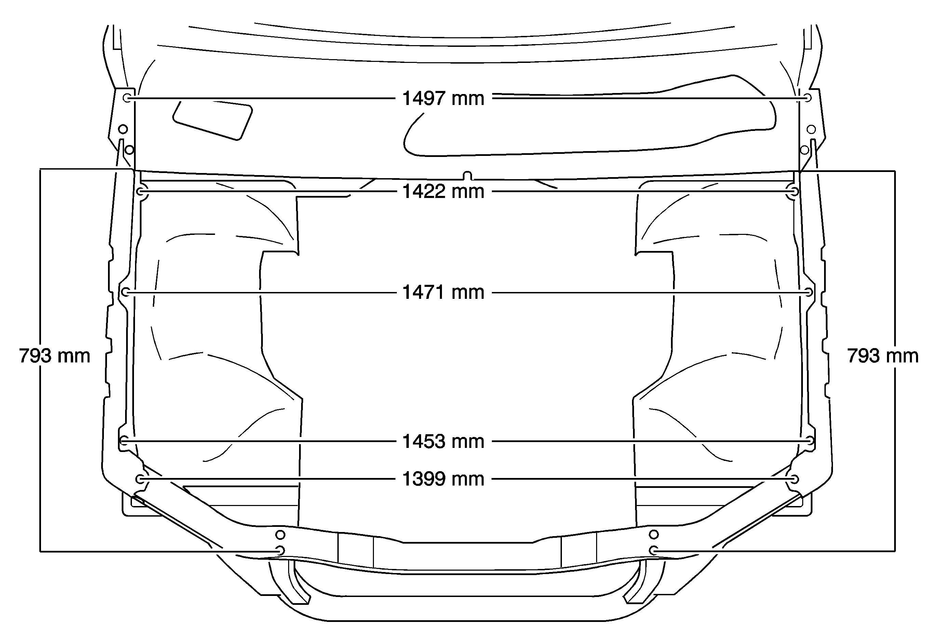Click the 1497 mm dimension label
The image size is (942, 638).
(x=443, y=98)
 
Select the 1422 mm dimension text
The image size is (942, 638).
(x=443, y=191)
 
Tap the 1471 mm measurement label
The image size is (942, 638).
(x=443, y=292)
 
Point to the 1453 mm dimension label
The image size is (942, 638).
(x=443, y=441)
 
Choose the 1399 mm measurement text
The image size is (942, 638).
(x=443, y=479)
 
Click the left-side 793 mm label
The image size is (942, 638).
(x=54, y=356)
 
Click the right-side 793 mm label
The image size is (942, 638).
(x=883, y=356)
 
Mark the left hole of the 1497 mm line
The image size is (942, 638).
(x=127, y=98)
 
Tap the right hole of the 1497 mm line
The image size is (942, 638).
(x=807, y=98)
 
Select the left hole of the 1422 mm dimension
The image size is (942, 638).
(x=142, y=191)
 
